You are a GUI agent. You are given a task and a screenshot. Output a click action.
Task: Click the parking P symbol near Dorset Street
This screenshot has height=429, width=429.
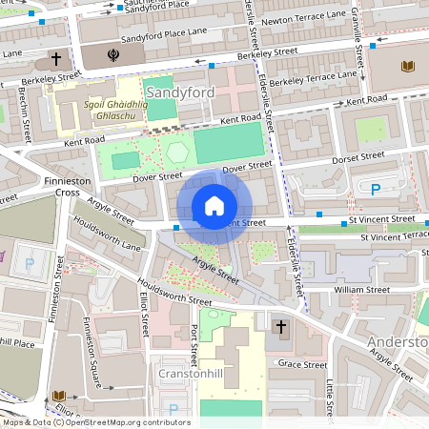(376, 190)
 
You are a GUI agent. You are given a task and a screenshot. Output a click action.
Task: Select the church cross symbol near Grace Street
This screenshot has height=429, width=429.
(281, 328)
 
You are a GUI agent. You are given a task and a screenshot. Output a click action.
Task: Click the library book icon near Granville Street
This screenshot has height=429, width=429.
(409, 66)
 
